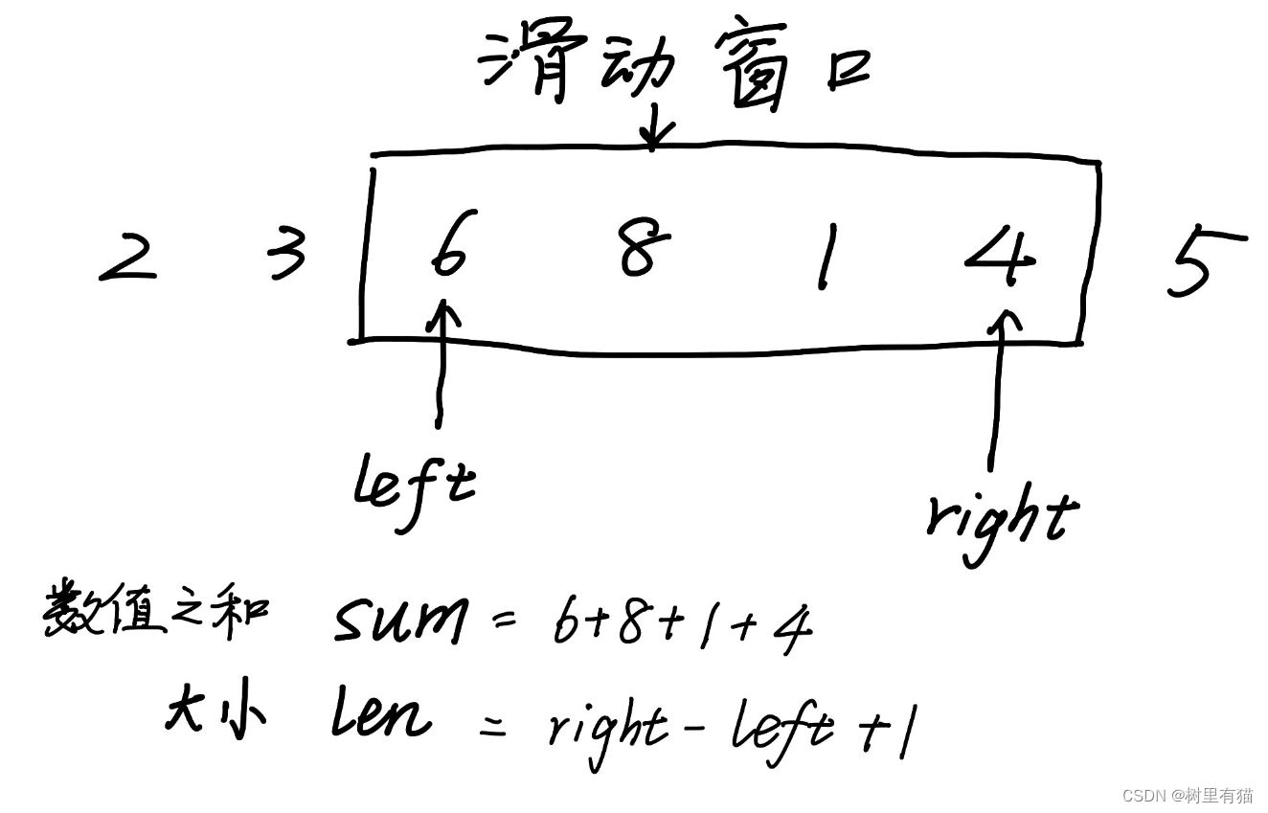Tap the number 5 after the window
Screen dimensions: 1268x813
[1202, 262]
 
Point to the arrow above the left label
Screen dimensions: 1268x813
[441, 364]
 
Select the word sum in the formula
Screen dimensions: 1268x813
[400, 622]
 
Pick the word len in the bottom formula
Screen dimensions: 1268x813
[379, 716]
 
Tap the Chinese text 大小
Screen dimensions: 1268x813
[215, 713]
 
